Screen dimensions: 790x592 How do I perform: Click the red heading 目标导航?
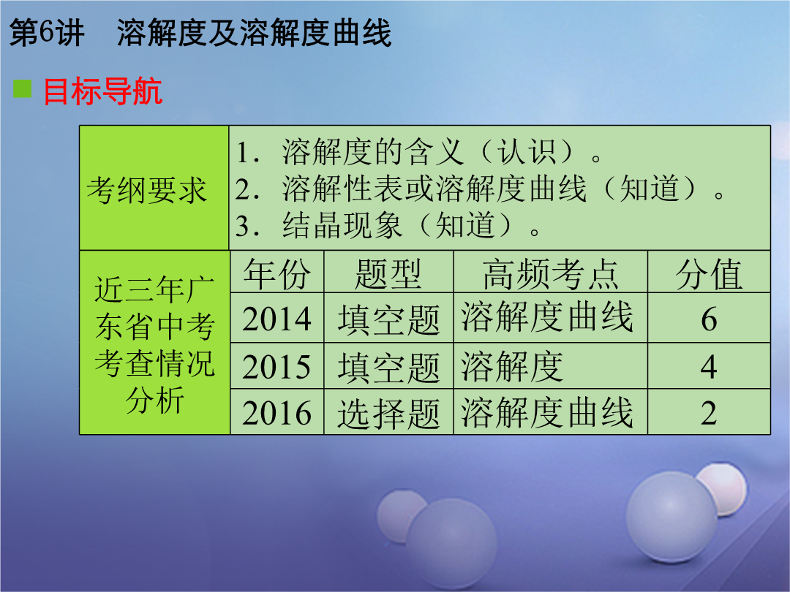click(x=103, y=91)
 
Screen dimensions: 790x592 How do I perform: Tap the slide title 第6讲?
click(x=47, y=33)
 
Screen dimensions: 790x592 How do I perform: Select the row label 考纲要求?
click(x=146, y=190)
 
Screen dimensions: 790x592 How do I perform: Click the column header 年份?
click(x=277, y=274)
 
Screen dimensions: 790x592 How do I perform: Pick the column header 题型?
click(x=388, y=274)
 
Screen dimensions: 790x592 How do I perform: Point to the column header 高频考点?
click(x=551, y=274)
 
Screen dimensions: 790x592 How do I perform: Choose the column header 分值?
click(x=709, y=274)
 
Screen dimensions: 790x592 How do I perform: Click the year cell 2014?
click(x=276, y=319)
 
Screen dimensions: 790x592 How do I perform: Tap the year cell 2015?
click(x=276, y=366)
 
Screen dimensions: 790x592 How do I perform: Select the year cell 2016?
click(x=276, y=413)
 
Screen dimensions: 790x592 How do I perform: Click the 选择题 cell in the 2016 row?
click(x=388, y=414)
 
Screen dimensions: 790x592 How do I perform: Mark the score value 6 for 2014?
click(x=709, y=319)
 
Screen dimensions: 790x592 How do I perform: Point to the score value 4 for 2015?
click(x=709, y=366)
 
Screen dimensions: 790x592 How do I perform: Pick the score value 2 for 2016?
click(x=709, y=413)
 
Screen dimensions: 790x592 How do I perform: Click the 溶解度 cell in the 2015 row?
click(x=512, y=366)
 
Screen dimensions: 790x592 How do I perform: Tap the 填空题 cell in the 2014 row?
click(x=388, y=319)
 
